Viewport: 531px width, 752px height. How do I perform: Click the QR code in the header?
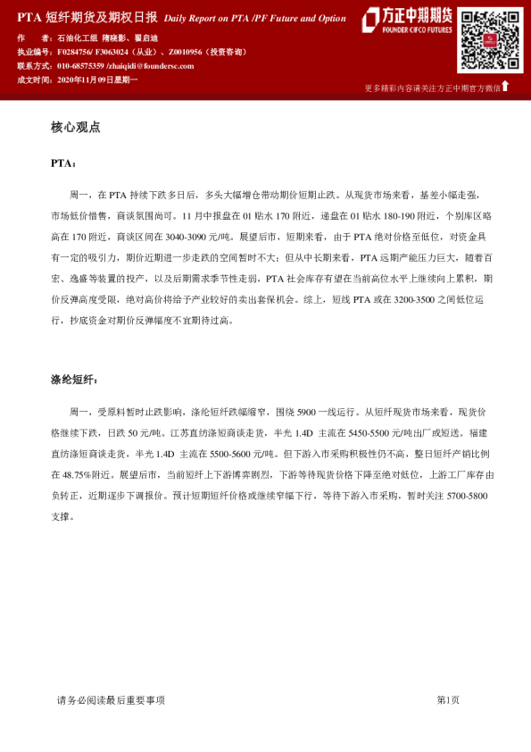(x=490, y=40)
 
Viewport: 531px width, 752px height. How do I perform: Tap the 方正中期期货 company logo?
(x=407, y=20)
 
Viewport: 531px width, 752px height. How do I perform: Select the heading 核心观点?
(x=76, y=128)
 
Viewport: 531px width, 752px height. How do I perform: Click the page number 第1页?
(x=448, y=700)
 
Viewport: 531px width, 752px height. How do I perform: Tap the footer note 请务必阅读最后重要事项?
(x=111, y=700)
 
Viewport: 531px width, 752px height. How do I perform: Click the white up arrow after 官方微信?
(x=506, y=86)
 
